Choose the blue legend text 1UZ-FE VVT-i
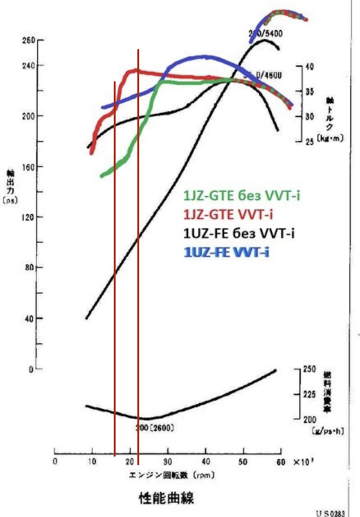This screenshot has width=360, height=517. tap(226, 251)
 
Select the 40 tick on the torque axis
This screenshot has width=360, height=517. tap(309, 66)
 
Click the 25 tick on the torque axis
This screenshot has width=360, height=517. tap(309, 142)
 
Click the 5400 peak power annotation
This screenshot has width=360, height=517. tap(266, 33)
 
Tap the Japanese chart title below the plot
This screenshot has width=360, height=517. tap(166, 498)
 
